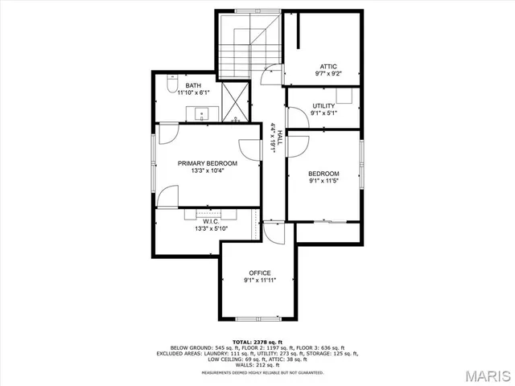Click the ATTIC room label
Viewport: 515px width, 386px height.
coord(328,66)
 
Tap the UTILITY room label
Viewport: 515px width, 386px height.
coord(323,105)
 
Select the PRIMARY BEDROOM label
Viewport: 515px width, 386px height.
coord(208,163)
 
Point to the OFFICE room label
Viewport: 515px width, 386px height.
coord(259,273)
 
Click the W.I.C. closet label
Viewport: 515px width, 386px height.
coord(212,221)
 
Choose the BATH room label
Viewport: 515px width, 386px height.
coord(193,85)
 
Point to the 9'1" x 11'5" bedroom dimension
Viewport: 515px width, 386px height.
coord(323,181)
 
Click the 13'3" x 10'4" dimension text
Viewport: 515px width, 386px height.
coord(208,170)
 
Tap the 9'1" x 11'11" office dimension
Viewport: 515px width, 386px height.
coord(259,281)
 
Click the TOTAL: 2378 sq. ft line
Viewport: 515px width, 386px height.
coord(257,342)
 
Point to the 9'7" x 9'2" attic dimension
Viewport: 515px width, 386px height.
coord(328,73)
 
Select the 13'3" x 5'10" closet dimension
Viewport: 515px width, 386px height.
coord(212,228)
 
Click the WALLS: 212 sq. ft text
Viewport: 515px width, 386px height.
coord(257,364)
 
